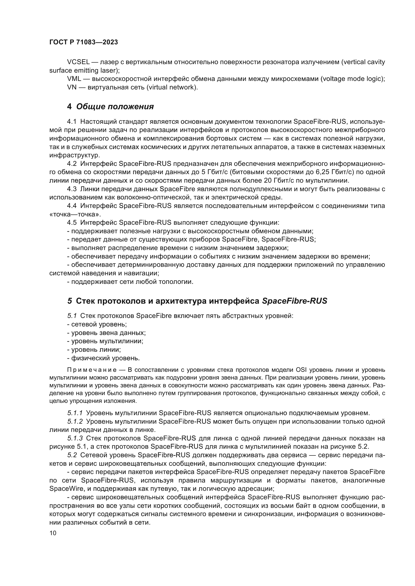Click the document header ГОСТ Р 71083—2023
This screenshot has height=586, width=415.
click(84, 42)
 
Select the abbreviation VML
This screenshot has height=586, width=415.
click(74, 79)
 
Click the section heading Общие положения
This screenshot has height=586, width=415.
click(115, 107)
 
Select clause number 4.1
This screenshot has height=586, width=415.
click(72, 122)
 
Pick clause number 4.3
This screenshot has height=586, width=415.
click(72, 189)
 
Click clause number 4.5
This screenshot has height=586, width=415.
click(72, 222)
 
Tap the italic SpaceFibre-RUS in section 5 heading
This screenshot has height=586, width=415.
click(294, 301)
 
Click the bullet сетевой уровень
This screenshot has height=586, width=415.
click(97, 324)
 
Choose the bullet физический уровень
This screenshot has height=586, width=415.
click(103, 358)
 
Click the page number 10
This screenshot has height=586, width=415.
click(53, 533)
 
